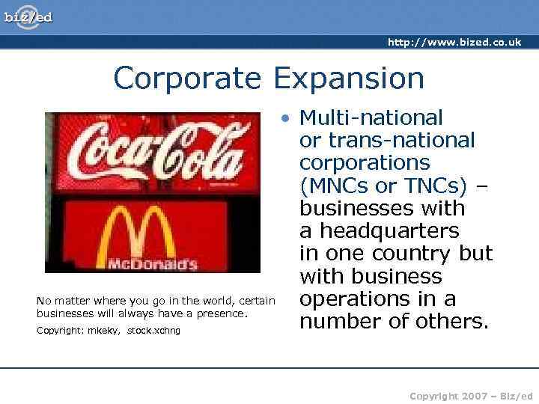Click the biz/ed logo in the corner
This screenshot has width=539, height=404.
[x=28, y=16]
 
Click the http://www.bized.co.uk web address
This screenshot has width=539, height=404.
[x=454, y=43]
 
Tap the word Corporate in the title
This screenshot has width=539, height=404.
[x=187, y=77]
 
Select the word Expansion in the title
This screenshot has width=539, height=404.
[x=348, y=77]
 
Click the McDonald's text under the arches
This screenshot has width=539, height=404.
[x=152, y=264]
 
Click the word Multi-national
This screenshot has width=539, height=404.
[x=371, y=117]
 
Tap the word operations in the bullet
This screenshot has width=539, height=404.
[x=352, y=299]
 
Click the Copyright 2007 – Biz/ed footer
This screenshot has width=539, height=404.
[x=471, y=395]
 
